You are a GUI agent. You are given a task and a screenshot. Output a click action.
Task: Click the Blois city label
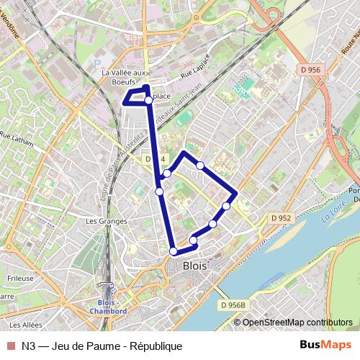(x=195, y=265)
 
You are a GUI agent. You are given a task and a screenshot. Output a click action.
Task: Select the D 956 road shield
(x=307, y=69)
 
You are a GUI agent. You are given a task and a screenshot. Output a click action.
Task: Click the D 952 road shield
(x=281, y=217)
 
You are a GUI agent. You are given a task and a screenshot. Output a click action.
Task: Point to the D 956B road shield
(x=233, y=305)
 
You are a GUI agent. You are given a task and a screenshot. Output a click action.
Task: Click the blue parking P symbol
(x=97, y=63)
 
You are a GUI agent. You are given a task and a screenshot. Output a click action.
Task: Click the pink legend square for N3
(x=12, y=346)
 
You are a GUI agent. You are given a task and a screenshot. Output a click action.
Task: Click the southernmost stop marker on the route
(x=174, y=251)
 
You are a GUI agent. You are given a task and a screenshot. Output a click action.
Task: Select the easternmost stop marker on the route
(x=226, y=207)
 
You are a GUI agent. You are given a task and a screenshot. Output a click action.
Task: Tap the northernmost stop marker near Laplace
(x=148, y=101)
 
